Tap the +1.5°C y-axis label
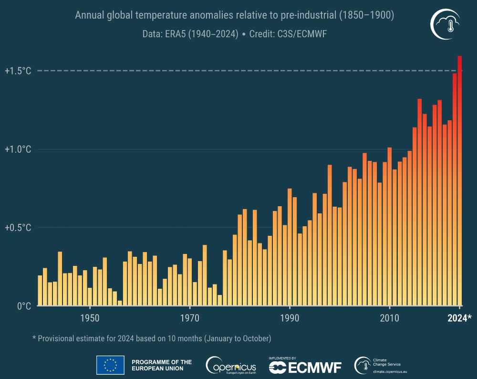[18, 71]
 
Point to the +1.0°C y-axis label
[18, 149]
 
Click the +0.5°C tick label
[18, 228]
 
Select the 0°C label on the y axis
[23, 306]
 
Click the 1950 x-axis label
[90, 318]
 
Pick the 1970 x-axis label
[189, 318]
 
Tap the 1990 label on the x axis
[290, 318]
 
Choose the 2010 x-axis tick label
[389, 318]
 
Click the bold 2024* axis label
[459, 318]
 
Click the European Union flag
[110, 365]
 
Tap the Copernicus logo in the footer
[231, 366]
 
